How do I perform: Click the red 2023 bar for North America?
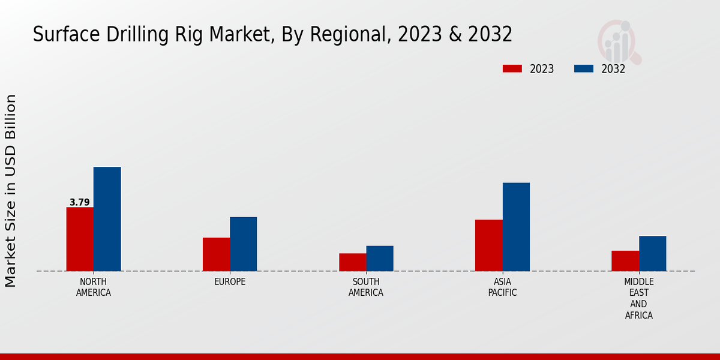tap(80, 239)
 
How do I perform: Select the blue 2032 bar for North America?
tap(107, 219)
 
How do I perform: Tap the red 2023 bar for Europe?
tap(216, 254)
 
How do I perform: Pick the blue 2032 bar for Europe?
tap(243, 244)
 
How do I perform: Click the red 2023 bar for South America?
tap(352, 262)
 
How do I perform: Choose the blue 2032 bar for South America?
tap(380, 258)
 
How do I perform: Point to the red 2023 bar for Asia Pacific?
tap(488, 245)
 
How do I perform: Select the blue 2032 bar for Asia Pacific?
tap(516, 227)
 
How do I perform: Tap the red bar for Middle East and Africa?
tap(625, 260)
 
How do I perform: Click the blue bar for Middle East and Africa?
tap(652, 253)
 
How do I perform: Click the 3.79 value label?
tap(80, 202)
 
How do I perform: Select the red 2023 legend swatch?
tap(512, 68)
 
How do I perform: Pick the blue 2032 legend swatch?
tap(584, 68)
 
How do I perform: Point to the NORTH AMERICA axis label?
tap(94, 287)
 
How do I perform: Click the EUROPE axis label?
tap(230, 282)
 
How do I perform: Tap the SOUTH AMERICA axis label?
tap(366, 287)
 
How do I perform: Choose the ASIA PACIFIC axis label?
tap(502, 287)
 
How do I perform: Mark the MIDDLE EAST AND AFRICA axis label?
tap(638, 298)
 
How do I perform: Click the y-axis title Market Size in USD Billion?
tap(11, 191)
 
